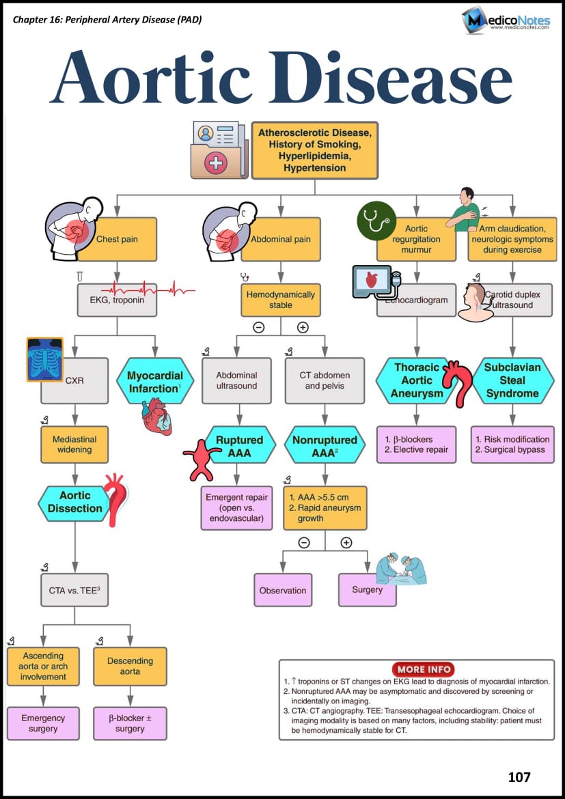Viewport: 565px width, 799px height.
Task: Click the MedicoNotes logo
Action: [x=506, y=20]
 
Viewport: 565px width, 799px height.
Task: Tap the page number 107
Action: [x=519, y=776]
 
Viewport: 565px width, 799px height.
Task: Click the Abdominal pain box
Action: [x=281, y=240]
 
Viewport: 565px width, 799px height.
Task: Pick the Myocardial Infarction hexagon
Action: [x=155, y=380]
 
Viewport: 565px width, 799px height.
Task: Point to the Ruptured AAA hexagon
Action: [x=239, y=445]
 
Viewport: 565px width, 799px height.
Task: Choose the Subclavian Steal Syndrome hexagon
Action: [x=512, y=380]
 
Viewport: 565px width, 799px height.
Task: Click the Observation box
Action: [x=283, y=590]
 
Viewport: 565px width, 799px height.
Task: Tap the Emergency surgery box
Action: [x=43, y=723]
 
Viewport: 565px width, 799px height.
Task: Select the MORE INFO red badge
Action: [x=424, y=669]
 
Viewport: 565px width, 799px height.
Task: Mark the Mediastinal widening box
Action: [x=74, y=445]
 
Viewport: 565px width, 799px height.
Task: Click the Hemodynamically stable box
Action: [x=280, y=300]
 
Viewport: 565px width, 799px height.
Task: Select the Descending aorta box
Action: [x=130, y=666]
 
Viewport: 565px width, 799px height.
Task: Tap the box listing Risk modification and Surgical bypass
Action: [x=512, y=445]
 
